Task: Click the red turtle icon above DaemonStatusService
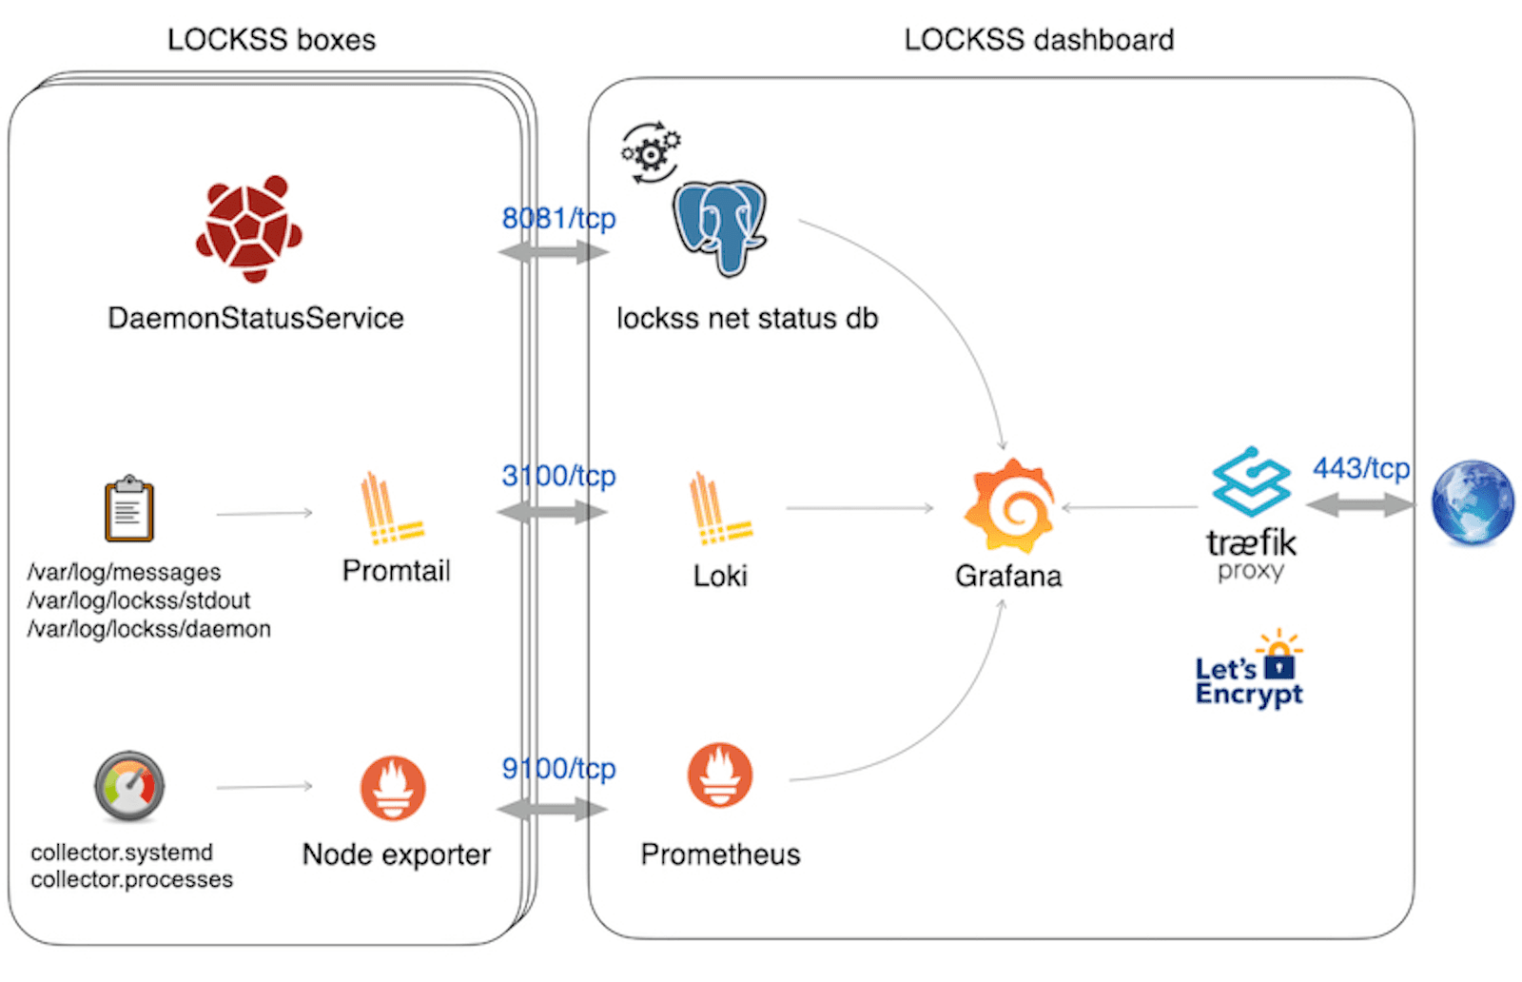pos(249,228)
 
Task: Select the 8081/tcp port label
pos(558,219)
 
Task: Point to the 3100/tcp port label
pos(558,475)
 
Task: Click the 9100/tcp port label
pos(558,768)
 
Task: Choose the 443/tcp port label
pos(1360,468)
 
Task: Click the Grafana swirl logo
pos(1010,507)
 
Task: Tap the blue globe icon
pos(1472,503)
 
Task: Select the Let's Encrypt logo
pos(1249,670)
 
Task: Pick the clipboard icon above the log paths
pos(129,509)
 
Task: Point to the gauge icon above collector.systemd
pos(129,787)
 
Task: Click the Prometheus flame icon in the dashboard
pos(720,776)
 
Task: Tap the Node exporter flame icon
pos(393,789)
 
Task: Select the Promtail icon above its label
pos(391,509)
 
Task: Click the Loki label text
pos(720,576)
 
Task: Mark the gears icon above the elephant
pos(651,151)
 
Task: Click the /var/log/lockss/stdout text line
pos(139,600)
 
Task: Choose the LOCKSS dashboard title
pos(1039,40)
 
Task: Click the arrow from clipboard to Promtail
pos(264,514)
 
